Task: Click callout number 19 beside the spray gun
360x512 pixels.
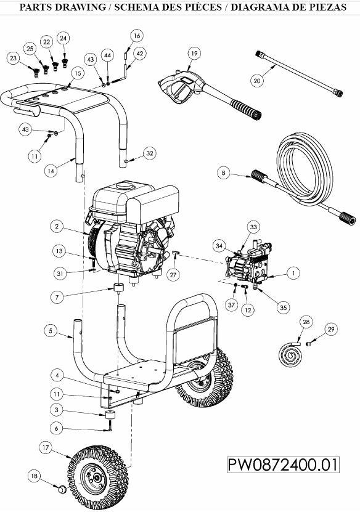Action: pyautogui.click(x=194, y=54)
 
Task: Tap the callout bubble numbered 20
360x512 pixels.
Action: pyautogui.click(x=258, y=80)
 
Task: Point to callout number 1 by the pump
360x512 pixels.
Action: pyautogui.click(x=294, y=272)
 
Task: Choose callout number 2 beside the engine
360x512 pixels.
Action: pyautogui.click(x=57, y=227)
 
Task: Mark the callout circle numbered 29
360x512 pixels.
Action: pyautogui.click(x=332, y=330)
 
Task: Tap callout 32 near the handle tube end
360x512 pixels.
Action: pyautogui.click(x=149, y=153)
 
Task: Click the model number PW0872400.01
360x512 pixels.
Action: pyautogui.click(x=283, y=464)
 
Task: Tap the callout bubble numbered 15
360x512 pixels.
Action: pyautogui.click(x=76, y=73)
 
